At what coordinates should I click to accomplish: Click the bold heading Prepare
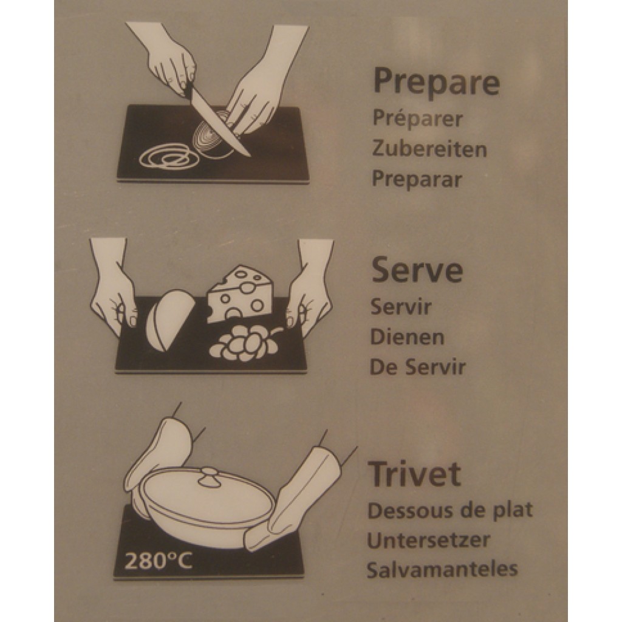[x=436, y=83]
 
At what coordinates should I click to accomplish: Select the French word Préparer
[x=417, y=120]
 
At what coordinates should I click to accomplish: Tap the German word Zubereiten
[x=429, y=149]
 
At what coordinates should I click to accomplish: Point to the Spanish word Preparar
[x=417, y=179]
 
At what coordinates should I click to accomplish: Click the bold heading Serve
[x=417, y=270]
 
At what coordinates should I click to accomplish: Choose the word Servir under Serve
[x=401, y=307]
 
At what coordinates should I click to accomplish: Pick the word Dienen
[x=407, y=337]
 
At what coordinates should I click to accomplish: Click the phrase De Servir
[x=418, y=367]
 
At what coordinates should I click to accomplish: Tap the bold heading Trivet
[x=414, y=474]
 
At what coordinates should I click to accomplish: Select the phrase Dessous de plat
[x=450, y=511]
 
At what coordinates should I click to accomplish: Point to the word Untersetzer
[x=428, y=540]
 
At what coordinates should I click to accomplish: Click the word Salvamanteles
[x=442, y=569]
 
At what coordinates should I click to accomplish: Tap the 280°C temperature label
[x=159, y=561]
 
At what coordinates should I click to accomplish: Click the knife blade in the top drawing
[x=220, y=122]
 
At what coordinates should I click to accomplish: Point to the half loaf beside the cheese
[x=169, y=318]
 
